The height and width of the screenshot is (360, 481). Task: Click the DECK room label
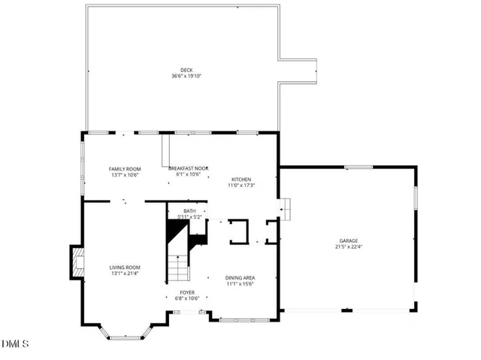click(x=186, y=70)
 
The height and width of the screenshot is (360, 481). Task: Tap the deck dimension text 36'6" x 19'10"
click(x=186, y=76)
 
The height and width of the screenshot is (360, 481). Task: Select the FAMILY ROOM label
click(x=125, y=169)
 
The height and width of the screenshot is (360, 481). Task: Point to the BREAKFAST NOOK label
click(x=188, y=169)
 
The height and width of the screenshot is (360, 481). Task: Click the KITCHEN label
click(x=241, y=179)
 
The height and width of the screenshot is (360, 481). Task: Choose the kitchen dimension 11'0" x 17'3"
click(x=241, y=186)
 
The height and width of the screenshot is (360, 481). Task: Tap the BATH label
click(x=189, y=211)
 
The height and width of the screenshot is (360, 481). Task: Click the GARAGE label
click(x=348, y=241)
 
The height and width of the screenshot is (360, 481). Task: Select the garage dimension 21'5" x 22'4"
click(x=348, y=247)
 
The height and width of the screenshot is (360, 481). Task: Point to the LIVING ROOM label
click(x=126, y=267)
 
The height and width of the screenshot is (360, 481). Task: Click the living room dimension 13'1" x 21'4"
click(x=126, y=274)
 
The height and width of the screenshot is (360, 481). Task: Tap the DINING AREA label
click(x=240, y=277)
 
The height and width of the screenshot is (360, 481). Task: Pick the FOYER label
click(x=187, y=292)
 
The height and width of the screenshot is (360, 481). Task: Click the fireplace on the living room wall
click(x=76, y=262)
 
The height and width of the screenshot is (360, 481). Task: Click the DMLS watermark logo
click(x=15, y=345)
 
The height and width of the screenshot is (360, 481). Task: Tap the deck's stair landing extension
click(x=301, y=71)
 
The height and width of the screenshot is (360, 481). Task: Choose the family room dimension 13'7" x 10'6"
click(x=125, y=175)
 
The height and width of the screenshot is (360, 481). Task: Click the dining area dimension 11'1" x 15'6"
click(x=240, y=284)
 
